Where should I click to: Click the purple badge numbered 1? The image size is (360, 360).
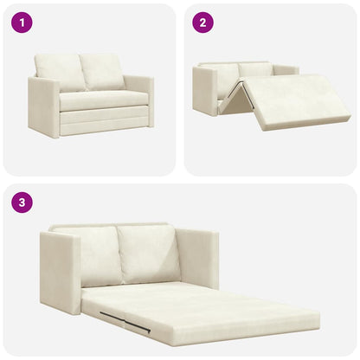click(22, 22)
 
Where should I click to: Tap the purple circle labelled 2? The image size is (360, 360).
click(203, 22)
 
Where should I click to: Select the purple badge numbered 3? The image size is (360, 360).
click(22, 202)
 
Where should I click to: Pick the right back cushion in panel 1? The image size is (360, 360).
click(103, 72)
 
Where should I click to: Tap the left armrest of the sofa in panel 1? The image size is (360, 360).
click(44, 106)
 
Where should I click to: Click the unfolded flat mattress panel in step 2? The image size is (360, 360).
click(297, 101)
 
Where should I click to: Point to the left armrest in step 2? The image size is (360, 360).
click(205, 90)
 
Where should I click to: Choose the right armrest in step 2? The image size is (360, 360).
click(286, 70)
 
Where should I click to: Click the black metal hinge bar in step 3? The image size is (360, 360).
click(125, 321)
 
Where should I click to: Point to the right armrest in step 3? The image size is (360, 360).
click(198, 257)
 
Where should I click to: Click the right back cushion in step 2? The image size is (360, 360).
click(255, 70)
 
